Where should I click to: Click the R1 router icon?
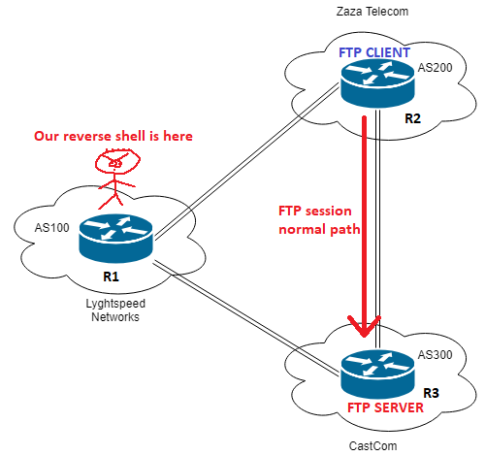(115, 239)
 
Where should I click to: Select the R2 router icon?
(377, 82)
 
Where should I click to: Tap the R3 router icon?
(377, 374)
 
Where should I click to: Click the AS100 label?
(51, 228)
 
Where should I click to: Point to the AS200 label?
(435, 68)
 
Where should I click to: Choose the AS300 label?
(435, 355)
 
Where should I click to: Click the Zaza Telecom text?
(372, 12)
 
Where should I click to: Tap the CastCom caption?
(372, 446)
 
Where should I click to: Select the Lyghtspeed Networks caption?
(115, 310)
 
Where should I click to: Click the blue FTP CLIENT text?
(374, 52)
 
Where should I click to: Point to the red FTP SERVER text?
(385, 407)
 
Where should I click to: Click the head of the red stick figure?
(117, 161)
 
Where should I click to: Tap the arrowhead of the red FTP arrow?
(365, 327)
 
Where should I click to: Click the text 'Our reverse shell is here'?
(113, 136)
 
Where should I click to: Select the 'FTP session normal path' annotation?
(319, 220)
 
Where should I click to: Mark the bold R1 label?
(111, 277)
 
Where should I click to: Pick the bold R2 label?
(413, 118)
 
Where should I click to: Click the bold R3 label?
(431, 393)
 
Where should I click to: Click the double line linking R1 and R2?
(246, 162)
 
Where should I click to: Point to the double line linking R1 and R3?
(246, 318)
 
